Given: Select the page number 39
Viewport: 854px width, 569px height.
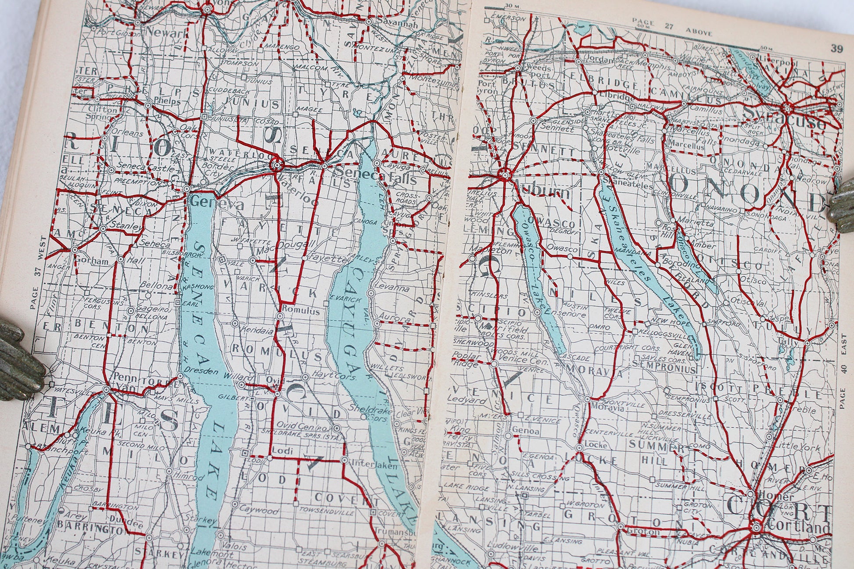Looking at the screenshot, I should click(836, 49).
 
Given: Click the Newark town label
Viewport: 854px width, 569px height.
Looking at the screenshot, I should click(167, 32).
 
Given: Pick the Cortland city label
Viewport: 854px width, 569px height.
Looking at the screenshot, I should click(799, 527).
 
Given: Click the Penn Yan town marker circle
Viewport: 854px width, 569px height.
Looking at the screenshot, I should click(107, 390).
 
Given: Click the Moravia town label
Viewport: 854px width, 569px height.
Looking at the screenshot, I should click(608, 407).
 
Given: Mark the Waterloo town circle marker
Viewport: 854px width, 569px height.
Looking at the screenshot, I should click(276, 166).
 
